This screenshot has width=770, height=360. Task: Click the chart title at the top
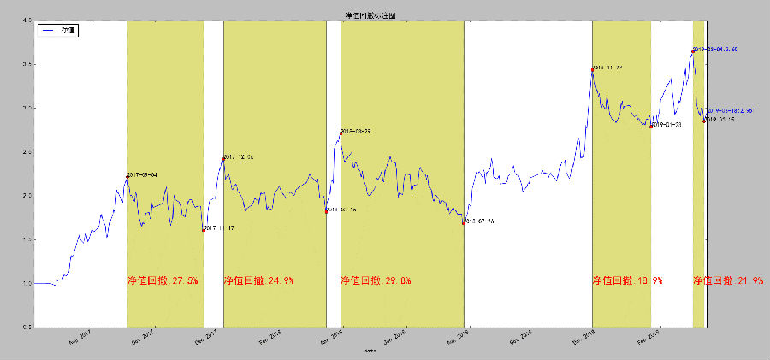(x=370, y=15)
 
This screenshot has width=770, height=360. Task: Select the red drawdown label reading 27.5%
(x=163, y=280)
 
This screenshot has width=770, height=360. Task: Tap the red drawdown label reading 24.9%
(x=258, y=280)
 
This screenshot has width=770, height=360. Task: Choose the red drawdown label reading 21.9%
(x=728, y=280)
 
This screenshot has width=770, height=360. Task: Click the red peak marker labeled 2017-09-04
(x=127, y=176)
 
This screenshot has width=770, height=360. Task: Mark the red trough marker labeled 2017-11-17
(x=204, y=229)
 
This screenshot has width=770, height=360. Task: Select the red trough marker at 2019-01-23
(x=651, y=126)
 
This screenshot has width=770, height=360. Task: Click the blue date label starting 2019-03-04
(x=715, y=50)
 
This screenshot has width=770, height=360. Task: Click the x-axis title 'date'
(x=370, y=351)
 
